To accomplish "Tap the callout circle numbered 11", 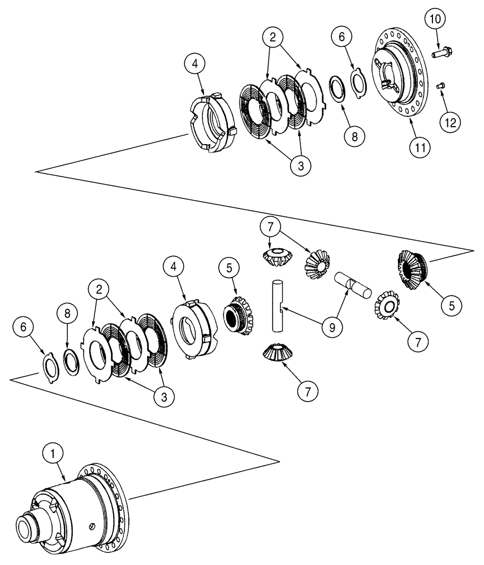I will (x=418, y=147).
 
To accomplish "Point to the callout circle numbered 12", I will (x=452, y=121).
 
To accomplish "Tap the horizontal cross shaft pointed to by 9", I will (x=351, y=284).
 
